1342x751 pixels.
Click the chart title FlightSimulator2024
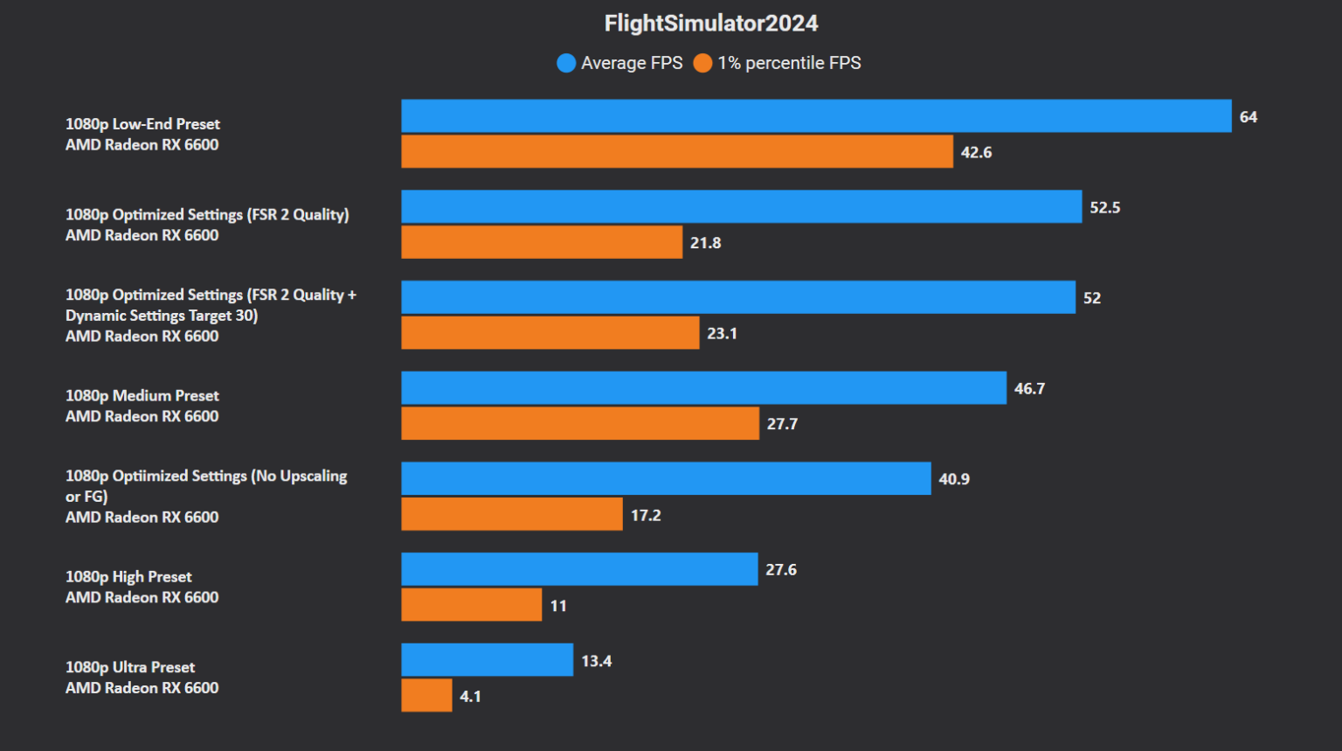(710, 24)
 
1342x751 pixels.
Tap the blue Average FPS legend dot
(566, 63)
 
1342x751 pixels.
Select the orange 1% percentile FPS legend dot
(702, 63)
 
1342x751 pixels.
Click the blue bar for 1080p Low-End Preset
(816, 116)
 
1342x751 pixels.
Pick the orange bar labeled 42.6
(677, 151)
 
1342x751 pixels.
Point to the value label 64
(1248, 117)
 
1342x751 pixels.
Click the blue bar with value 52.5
(741, 207)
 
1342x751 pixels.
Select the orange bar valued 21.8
(542, 242)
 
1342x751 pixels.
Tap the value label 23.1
(722, 333)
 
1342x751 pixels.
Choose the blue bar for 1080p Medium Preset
(703, 388)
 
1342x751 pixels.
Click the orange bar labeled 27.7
(580, 423)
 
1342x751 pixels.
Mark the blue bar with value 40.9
(666, 478)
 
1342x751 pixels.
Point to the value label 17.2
(646, 515)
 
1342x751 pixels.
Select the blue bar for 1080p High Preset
(579, 569)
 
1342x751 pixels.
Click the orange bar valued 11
(472, 605)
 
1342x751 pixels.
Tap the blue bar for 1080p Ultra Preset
(488, 660)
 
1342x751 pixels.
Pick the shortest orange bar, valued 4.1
(426, 696)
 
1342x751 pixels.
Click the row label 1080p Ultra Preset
(130, 667)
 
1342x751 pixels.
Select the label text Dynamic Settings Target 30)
(162, 316)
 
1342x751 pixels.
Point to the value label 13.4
(597, 661)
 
